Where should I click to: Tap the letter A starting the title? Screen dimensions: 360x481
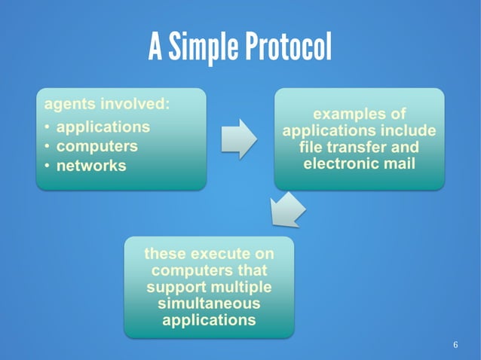point(155,48)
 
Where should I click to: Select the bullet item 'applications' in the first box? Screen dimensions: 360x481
point(103,127)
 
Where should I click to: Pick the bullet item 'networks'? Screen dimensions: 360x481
point(92,165)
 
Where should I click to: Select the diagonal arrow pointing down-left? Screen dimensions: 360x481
point(287,209)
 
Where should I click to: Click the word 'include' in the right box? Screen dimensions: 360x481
point(410,131)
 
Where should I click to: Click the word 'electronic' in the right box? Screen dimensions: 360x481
point(339,163)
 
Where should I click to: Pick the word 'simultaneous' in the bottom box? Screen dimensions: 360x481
point(209,304)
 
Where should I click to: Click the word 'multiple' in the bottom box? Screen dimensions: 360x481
point(241,287)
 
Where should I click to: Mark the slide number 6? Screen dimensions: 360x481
point(455,345)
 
